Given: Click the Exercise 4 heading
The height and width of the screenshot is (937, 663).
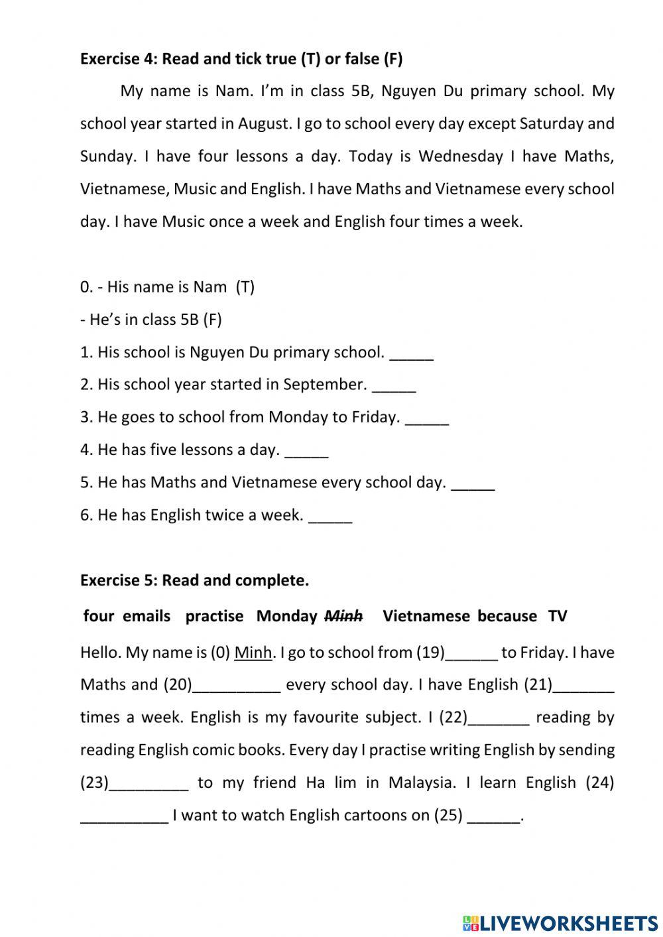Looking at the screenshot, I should pos(241,59).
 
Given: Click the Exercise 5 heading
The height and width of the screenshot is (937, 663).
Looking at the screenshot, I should pos(194,580).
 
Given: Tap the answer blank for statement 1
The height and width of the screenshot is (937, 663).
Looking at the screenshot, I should pos(411,354).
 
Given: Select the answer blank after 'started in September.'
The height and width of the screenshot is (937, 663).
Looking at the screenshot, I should pos(394,387).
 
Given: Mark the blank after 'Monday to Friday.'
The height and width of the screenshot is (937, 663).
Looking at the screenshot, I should pos(426,419).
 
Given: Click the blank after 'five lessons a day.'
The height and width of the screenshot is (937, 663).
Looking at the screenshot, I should pos(306,452).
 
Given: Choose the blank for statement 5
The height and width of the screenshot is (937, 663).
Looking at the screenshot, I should pos(473,484).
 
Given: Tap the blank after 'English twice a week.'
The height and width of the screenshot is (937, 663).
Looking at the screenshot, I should pos(330,517).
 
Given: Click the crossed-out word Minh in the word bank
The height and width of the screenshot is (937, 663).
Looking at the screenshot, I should pos(343,616).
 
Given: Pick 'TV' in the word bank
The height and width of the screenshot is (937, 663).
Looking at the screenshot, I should pos(558,616).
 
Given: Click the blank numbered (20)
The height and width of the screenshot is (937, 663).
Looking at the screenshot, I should pos(237,686).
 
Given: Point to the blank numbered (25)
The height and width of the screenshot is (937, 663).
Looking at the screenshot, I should pos(494,817).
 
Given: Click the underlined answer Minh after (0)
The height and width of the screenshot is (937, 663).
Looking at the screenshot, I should pos(253,653).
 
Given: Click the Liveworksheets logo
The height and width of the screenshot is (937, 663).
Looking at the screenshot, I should pos(560,922).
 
